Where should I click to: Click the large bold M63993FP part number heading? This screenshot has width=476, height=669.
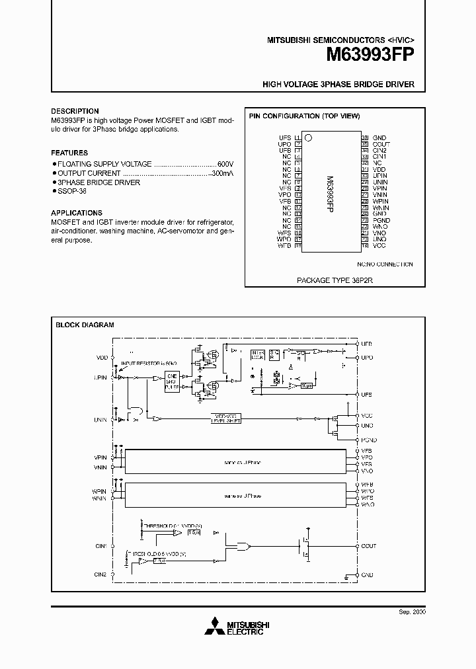(x=370, y=56)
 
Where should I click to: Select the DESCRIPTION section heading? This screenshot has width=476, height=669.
(x=75, y=111)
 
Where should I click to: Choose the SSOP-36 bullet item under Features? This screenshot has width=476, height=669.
(x=73, y=191)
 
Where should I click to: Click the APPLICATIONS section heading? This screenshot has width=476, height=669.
(x=77, y=213)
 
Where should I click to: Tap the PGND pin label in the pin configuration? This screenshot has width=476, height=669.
(x=381, y=220)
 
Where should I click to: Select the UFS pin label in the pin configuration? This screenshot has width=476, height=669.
(x=285, y=138)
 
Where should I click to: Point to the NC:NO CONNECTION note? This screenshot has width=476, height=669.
(x=385, y=264)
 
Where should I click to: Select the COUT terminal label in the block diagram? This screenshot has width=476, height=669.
(x=368, y=546)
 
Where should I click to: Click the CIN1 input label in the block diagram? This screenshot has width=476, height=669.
(x=100, y=546)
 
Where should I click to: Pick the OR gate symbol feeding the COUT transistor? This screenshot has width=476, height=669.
(x=243, y=547)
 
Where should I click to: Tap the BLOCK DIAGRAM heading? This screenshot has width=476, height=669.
(x=85, y=325)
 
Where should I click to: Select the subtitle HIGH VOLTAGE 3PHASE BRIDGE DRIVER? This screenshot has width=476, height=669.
(x=338, y=85)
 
